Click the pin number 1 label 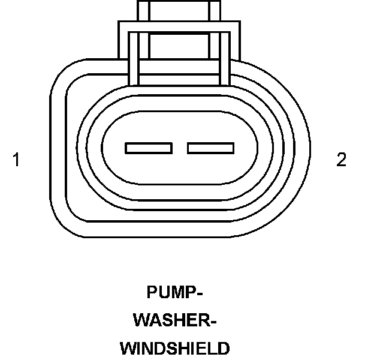16,160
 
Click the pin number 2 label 341,160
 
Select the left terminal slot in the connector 149,148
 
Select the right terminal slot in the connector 210,148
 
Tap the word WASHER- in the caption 174,320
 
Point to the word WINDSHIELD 174,349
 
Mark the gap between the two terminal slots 180,148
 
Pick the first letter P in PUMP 152,292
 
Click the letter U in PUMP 164,292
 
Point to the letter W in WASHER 141,320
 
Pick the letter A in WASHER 155,320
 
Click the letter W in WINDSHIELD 128,349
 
